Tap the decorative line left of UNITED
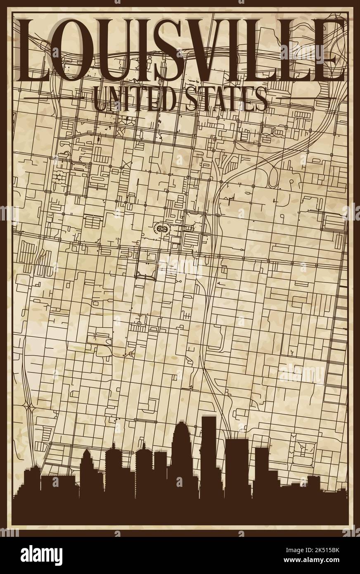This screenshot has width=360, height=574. click(50, 98)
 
